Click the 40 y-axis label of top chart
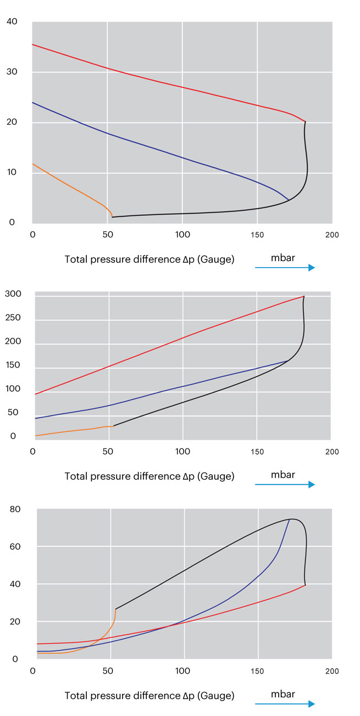click(12, 21)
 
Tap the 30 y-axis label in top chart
click(12, 72)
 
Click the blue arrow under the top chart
click(285, 268)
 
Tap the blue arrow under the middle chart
click(285, 484)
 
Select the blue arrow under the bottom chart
click(285, 703)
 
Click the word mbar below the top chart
click(283, 257)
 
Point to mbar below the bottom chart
click(283, 693)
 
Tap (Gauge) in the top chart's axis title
click(216, 259)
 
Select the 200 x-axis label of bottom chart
click(332, 671)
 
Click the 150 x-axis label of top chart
click(257, 235)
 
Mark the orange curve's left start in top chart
click(33, 164)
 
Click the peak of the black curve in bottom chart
click(291, 519)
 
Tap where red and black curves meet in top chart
click(305, 121)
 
